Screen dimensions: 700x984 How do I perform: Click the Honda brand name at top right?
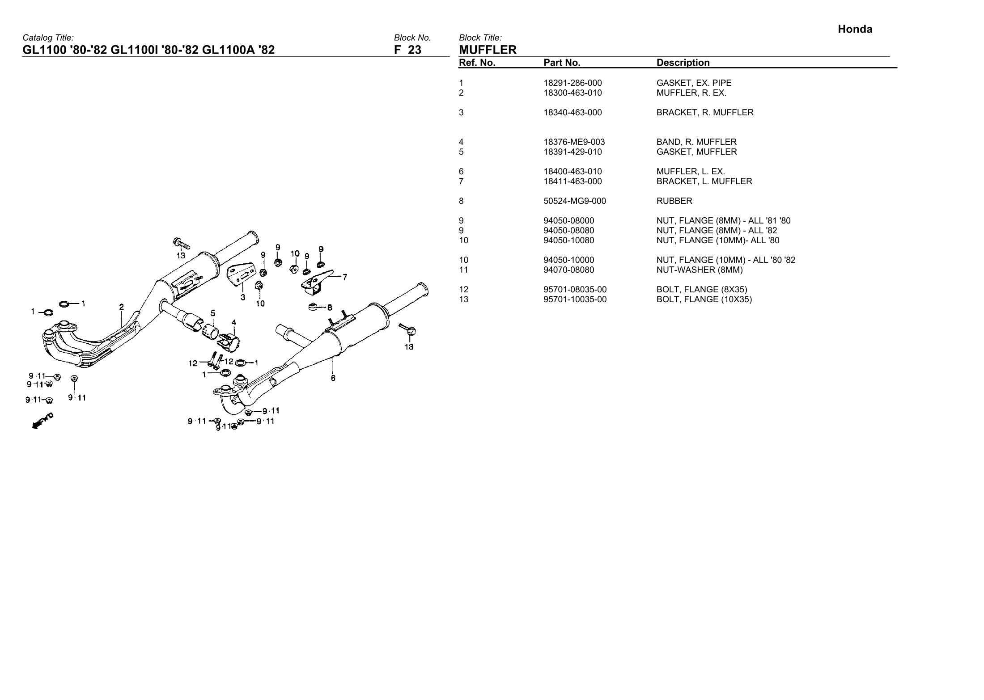(x=855, y=30)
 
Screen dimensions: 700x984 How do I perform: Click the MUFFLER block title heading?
(x=488, y=50)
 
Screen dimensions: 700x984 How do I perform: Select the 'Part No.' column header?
(x=562, y=63)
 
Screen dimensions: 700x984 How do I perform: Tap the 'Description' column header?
(x=683, y=63)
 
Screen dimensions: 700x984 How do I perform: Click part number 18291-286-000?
(x=573, y=83)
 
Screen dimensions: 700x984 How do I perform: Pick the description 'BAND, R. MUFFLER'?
(x=696, y=142)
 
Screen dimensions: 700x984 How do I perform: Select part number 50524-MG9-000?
(x=575, y=201)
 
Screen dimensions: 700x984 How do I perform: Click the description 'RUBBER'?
(x=674, y=201)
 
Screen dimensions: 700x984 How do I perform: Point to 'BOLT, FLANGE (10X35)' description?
(x=704, y=299)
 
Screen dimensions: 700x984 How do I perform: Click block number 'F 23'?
(x=407, y=50)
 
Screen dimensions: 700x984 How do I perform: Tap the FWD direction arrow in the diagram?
(x=42, y=421)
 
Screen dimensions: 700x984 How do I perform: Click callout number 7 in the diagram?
(x=345, y=277)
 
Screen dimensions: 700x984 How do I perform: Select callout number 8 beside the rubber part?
(x=330, y=308)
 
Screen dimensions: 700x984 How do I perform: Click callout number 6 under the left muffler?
(x=333, y=378)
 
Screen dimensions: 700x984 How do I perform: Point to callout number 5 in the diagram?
(x=213, y=313)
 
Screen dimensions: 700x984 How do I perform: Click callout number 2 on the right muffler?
(x=122, y=307)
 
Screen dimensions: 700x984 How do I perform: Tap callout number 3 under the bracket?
(x=242, y=297)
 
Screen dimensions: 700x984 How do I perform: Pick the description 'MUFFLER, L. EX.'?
(x=691, y=172)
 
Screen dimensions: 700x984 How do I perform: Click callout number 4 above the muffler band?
(x=233, y=322)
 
